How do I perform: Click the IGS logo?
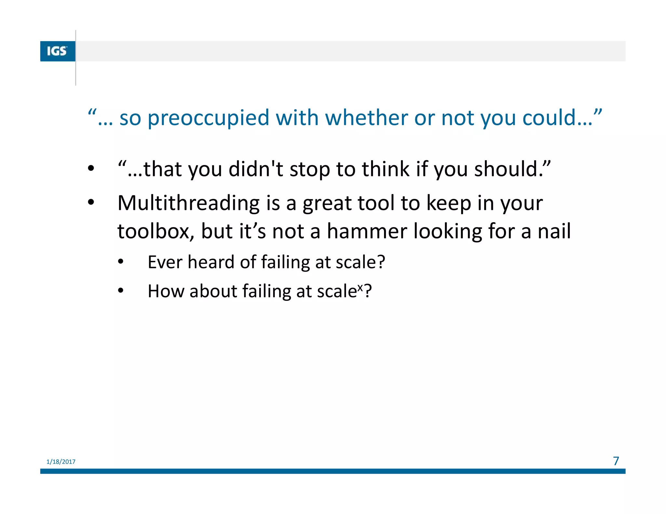point(57,51)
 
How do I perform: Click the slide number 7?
point(616,461)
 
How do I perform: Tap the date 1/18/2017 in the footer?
point(61,462)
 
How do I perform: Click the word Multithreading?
point(188,203)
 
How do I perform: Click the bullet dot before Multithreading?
point(91,202)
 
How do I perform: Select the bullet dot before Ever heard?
point(121,262)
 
